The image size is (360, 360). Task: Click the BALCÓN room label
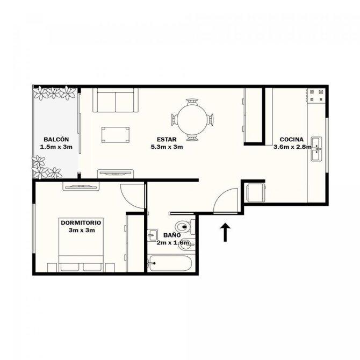[x=56, y=139]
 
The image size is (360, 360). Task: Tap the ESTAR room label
[x=167, y=139]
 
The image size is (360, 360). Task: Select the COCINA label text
[x=291, y=139]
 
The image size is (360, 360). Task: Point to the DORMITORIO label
[x=81, y=222]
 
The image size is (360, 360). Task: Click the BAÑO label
[x=172, y=235]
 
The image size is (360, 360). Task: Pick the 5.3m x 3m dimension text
[x=167, y=147]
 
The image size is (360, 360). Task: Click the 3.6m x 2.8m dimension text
[x=292, y=147]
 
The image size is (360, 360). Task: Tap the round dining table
[x=192, y=120]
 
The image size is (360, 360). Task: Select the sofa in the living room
[x=116, y=100]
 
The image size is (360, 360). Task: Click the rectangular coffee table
[x=116, y=135]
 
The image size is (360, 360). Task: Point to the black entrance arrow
[x=225, y=232]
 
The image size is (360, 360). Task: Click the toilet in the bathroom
[x=185, y=227]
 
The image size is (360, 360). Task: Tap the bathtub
[x=169, y=263]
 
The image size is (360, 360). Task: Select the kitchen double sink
[x=316, y=149]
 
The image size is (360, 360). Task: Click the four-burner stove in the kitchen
[x=316, y=96]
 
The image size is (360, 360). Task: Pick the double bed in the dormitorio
[x=81, y=244]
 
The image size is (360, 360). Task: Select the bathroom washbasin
[x=152, y=235]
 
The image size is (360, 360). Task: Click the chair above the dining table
[x=192, y=102]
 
